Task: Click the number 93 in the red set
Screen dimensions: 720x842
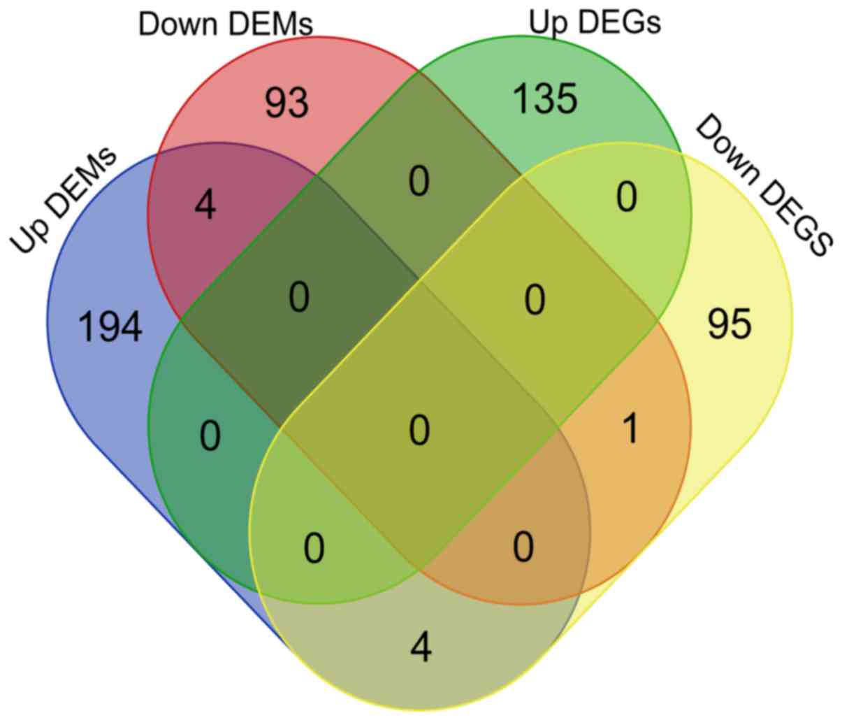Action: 286,103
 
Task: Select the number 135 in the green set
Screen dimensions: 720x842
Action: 545,98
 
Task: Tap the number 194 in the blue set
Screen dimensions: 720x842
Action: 111,327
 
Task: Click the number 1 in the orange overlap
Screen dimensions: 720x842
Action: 630,429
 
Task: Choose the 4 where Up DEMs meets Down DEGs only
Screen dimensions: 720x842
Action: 421,647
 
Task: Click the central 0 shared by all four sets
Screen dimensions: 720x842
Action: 419,431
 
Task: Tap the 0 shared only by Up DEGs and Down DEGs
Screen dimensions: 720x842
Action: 627,198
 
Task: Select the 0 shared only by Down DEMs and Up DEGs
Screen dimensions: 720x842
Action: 419,182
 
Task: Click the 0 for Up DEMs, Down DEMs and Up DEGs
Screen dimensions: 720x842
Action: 299,298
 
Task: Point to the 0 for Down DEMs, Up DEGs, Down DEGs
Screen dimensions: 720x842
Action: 535,301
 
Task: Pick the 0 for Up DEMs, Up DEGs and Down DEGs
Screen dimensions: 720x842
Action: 314,548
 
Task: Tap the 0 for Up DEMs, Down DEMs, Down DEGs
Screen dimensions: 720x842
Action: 523,547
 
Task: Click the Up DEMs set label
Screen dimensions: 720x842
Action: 64,200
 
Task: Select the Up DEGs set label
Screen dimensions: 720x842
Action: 595,22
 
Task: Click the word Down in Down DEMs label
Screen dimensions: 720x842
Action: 180,24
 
